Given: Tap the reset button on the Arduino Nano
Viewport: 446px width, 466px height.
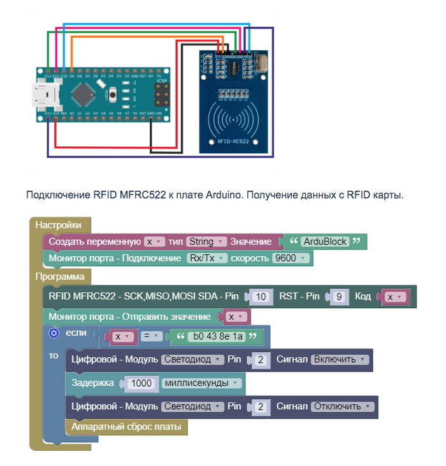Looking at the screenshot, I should pos(113,95).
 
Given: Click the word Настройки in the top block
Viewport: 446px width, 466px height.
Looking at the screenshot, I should pos(59,225).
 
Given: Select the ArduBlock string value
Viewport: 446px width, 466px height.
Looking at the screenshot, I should pos(324,242).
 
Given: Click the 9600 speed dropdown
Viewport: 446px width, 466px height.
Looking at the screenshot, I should pos(291,259).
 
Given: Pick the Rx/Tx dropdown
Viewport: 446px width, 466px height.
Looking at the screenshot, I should pos(206,259).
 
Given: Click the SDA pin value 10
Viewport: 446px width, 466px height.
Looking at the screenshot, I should pos(259,297).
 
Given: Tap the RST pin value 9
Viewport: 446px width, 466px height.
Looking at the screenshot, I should pos(340,297).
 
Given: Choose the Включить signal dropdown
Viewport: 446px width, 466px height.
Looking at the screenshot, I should pos(340,359).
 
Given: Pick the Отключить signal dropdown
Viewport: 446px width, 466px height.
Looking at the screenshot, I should pos(342,406).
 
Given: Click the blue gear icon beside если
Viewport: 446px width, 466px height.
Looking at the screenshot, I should pos(54,333).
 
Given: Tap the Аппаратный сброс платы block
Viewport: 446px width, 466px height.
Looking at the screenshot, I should pos(126,426).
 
